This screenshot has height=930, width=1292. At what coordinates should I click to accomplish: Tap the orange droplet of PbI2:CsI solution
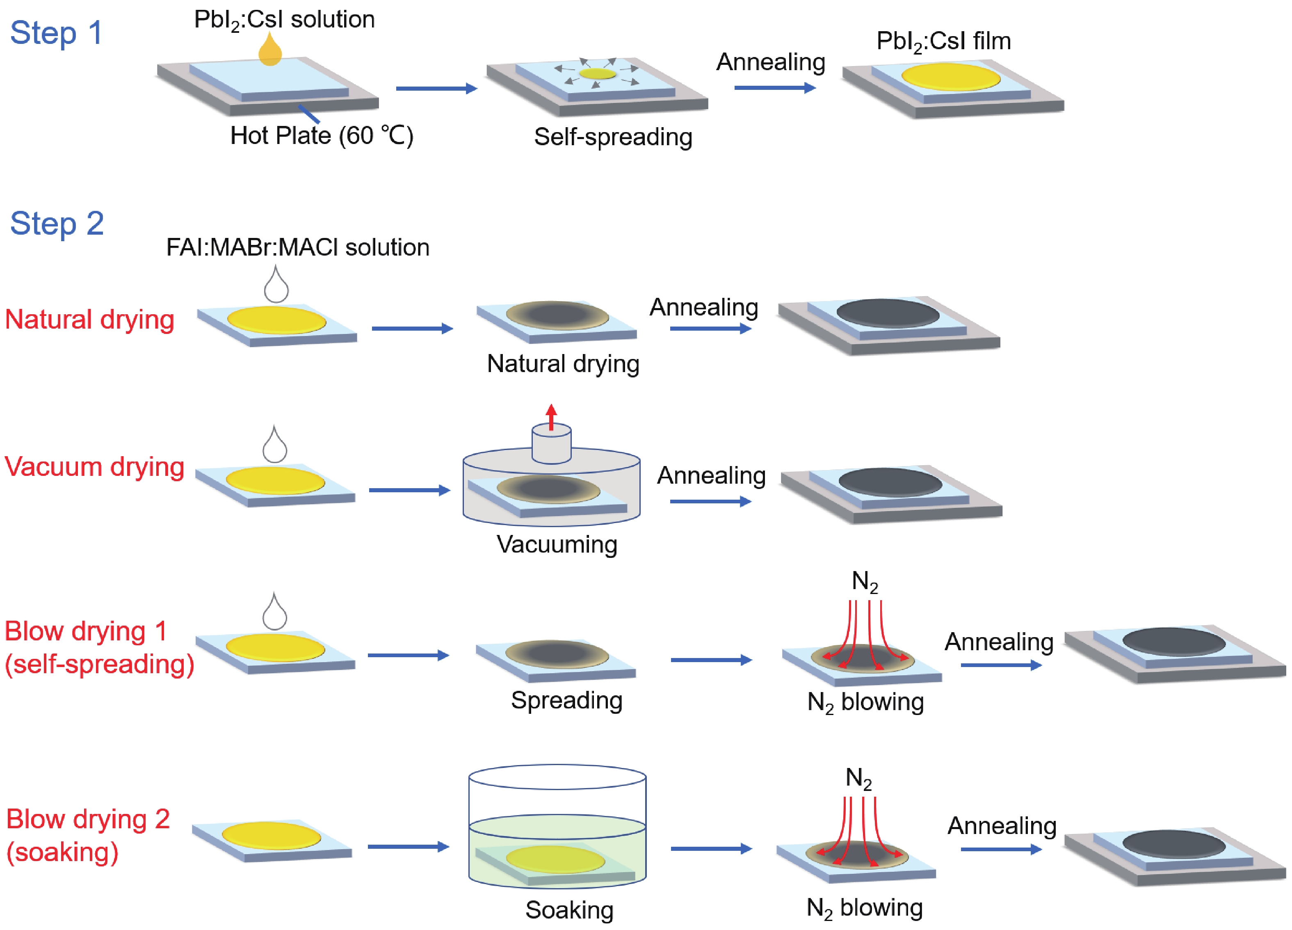click(270, 51)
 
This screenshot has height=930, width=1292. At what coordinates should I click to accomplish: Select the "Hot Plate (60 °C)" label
click(321, 136)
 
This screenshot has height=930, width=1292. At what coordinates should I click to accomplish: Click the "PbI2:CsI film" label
click(943, 41)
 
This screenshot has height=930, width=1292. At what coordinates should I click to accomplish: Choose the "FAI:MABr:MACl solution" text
click(297, 247)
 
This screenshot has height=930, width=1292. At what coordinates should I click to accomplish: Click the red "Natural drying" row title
click(89, 319)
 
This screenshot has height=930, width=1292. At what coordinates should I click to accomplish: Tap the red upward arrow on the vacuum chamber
click(551, 416)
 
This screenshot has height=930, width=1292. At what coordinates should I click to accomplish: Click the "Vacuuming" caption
click(557, 544)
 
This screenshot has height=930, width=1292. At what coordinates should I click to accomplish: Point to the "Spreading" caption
click(566, 700)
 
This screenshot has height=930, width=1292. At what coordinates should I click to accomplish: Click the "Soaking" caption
click(569, 909)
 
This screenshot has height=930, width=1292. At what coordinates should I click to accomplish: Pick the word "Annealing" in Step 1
click(770, 62)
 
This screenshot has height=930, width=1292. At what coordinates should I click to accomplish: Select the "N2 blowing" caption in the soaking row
click(864, 908)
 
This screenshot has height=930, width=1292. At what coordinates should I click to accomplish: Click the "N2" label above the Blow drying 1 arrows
click(865, 582)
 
